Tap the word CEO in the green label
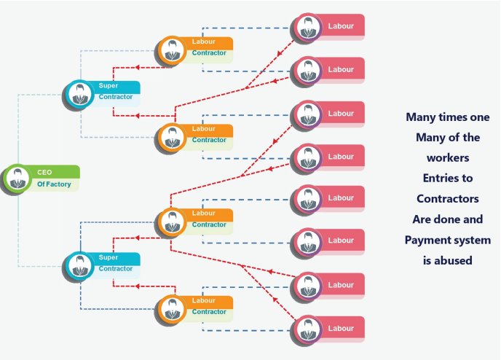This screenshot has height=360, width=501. (x=44, y=172)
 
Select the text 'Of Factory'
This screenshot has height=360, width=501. (x=53, y=184)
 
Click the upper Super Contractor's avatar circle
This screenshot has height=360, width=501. (x=78, y=93)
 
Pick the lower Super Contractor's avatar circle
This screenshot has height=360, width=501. (x=78, y=266)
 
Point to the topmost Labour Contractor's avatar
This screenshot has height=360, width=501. (x=172, y=49)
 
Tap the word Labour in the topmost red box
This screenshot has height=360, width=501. (x=341, y=27)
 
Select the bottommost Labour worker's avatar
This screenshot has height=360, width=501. (x=307, y=329)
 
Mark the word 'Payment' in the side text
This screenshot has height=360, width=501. (x=430, y=240)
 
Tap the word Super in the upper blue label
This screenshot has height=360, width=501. (x=109, y=85)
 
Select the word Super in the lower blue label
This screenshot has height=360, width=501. (x=109, y=257)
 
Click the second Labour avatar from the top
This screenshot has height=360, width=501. (x=307, y=71)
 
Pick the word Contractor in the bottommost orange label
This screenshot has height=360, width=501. (x=209, y=312)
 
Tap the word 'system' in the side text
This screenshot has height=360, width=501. (x=468, y=240)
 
